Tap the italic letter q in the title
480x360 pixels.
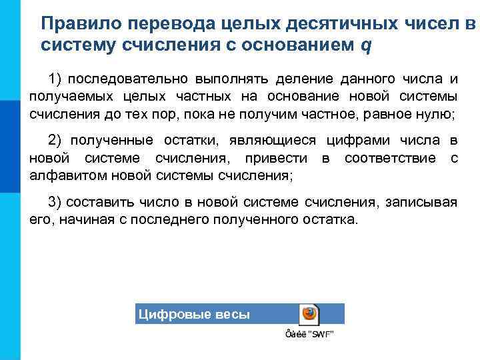pos(365,47)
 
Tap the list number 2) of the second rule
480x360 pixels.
pos(55,141)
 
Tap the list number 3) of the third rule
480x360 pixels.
pos(55,202)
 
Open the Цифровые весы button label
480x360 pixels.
pos(193,314)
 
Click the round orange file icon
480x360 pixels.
pos(309,313)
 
